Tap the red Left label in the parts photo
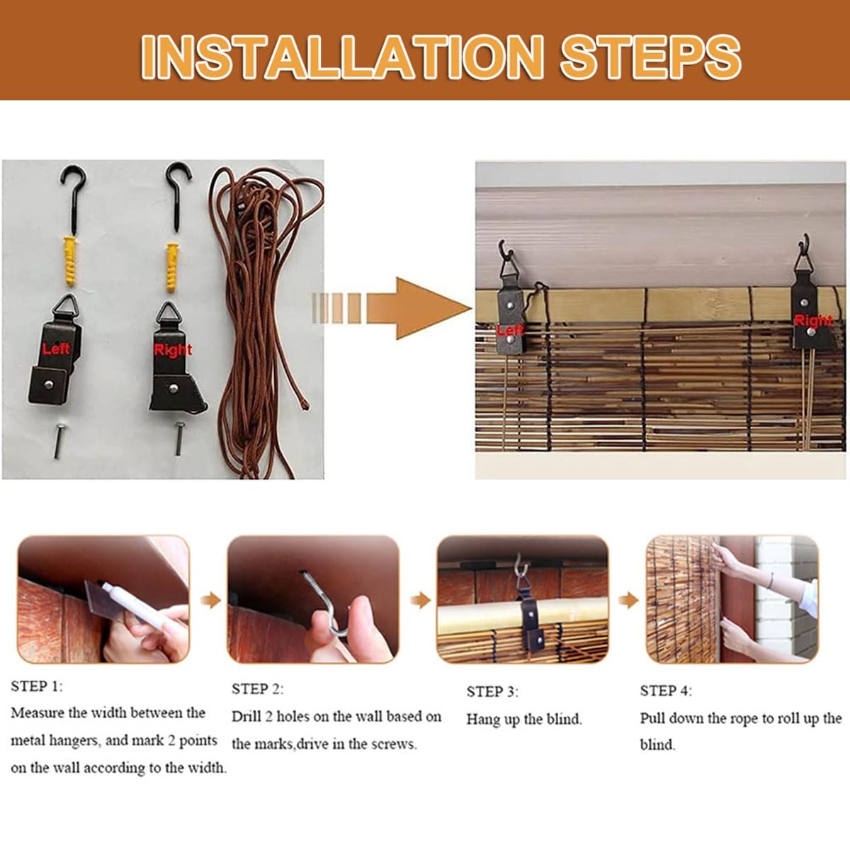point(56,349)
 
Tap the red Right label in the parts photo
point(173,350)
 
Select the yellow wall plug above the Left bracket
point(69,261)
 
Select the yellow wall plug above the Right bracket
point(172,267)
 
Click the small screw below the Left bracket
point(59,441)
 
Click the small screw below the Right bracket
point(179,438)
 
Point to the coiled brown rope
point(260,322)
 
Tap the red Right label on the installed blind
point(814,321)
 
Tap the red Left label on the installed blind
point(510,329)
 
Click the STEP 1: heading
point(37,686)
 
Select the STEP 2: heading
point(258,689)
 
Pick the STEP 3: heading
point(493,691)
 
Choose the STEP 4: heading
point(666,691)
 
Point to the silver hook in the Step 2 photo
point(325,604)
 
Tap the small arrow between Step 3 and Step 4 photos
point(628,601)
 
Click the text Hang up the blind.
point(524,720)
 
